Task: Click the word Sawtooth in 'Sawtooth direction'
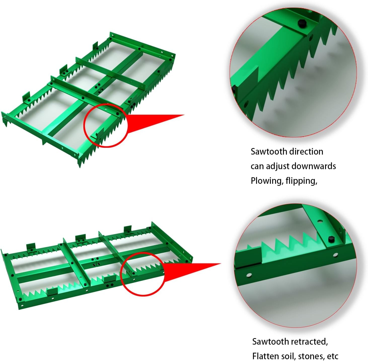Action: (269, 152)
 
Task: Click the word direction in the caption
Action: (306, 152)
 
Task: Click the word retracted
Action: (309, 342)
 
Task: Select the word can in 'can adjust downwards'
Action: (257, 167)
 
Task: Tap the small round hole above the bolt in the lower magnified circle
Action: (320, 221)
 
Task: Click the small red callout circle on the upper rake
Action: (106, 125)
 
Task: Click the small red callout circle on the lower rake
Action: (143, 274)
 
